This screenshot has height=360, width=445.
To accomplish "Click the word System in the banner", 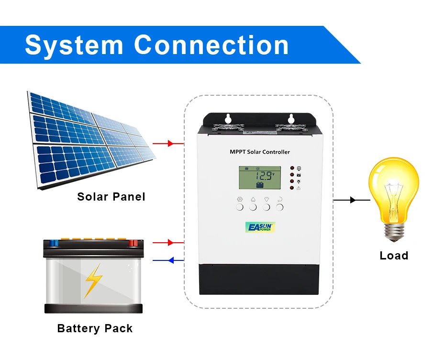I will [74, 45].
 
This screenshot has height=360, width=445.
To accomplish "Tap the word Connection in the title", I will [211, 45].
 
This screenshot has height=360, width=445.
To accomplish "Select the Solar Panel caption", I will [111, 197].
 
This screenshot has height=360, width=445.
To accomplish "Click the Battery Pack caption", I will [95, 328].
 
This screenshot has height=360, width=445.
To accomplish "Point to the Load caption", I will [394, 256].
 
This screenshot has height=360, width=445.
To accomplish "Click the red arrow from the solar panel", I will [170, 143].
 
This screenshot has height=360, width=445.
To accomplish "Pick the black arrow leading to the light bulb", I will [353, 200].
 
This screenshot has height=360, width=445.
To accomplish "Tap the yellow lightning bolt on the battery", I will [93, 281].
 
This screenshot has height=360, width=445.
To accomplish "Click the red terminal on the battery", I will [133, 243].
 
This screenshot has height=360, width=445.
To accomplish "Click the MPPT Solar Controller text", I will [259, 152].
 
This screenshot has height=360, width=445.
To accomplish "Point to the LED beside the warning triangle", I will [291, 188].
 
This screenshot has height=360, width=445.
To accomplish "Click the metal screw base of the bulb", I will [394, 232].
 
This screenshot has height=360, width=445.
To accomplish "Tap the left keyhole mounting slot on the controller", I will [228, 118].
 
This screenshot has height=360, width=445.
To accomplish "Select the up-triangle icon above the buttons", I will [253, 199].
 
